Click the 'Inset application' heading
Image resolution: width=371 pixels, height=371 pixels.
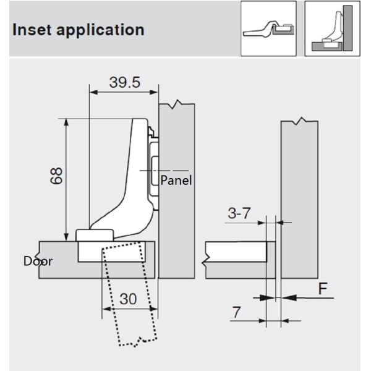(x=77, y=30)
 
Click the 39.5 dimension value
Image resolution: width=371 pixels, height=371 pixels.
(x=124, y=82)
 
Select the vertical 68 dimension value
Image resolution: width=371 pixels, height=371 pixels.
(x=56, y=178)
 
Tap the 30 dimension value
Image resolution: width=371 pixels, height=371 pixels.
(x=128, y=298)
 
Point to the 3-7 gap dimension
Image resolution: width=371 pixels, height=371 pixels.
(x=239, y=214)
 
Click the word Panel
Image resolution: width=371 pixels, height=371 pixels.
(x=176, y=181)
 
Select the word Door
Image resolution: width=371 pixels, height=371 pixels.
(x=38, y=261)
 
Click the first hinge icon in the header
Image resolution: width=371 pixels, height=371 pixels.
(x=268, y=28)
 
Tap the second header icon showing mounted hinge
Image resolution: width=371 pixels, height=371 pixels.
(x=332, y=28)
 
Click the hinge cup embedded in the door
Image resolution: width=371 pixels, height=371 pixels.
(x=114, y=252)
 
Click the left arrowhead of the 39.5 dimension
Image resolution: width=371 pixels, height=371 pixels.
(x=93, y=92)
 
